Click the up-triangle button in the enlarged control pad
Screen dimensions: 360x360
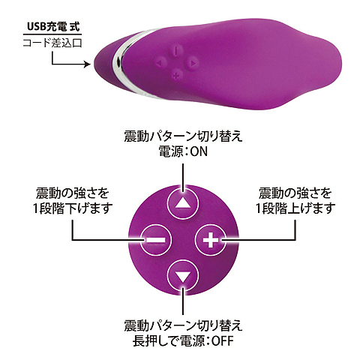tap(183, 204)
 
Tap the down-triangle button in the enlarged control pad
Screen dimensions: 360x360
tap(183, 275)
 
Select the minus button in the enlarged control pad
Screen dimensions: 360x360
tap(155, 240)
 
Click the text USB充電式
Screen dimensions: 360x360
tap(52, 27)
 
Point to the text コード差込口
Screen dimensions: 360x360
tap(52, 43)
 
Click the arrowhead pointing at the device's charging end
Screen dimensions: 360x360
tap(88, 64)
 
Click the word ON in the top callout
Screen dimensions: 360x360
tap(199, 151)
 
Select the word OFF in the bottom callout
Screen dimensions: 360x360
tap(223, 340)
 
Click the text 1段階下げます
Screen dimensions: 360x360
tap(73, 208)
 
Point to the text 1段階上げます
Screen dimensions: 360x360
tap(295, 208)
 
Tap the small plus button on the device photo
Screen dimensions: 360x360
tap(177, 74)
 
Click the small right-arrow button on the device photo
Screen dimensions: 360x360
tap(192, 63)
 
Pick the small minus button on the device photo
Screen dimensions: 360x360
tap(176, 51)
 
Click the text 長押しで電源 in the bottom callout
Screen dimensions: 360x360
tap(168, 340)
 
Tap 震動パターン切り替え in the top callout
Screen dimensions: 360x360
tap(183, 136)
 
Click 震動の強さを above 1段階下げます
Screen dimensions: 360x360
tap(73, 193)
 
